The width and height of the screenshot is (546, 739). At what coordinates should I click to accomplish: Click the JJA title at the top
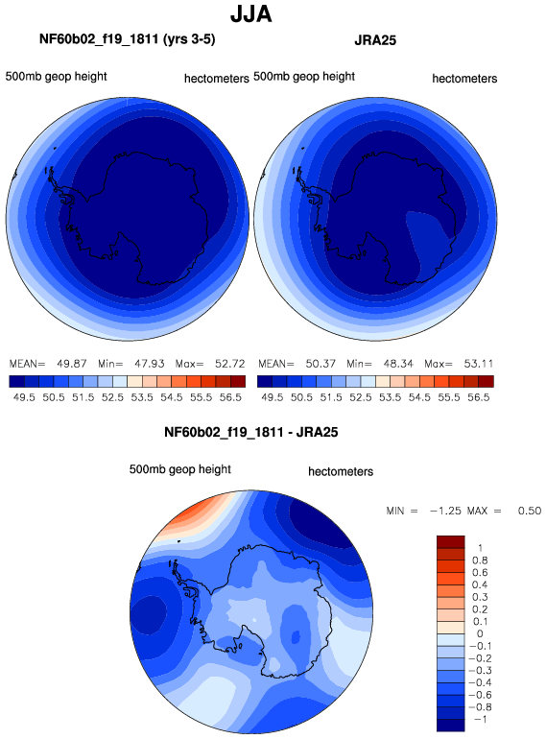(251, 13)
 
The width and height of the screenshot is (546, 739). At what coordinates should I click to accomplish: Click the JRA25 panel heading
(375, 40)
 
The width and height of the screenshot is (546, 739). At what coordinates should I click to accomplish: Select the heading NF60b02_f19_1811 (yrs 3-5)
(128, 38)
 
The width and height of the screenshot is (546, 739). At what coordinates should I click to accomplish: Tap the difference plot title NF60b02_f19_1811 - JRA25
(251, 432)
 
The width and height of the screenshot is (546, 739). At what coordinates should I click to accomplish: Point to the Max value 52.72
(230, 364)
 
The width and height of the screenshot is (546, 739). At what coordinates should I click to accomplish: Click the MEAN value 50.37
(320, 364)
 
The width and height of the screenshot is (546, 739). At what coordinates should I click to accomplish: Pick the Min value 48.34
(398, 364)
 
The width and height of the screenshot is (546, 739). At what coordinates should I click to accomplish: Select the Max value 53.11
(479, 364)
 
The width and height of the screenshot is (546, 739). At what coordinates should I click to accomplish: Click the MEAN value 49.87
(72, 364)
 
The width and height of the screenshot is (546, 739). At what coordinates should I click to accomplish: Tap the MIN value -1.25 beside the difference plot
(445, 511)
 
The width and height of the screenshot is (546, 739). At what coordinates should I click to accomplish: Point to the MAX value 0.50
(530, 511)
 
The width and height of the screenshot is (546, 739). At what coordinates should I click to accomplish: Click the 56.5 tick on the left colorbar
(230, 397)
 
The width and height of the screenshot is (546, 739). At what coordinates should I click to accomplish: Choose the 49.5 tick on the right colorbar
(273, 397)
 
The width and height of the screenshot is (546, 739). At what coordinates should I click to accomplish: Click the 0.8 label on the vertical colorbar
(480, 560)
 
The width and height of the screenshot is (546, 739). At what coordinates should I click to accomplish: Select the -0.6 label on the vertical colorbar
(481, 695)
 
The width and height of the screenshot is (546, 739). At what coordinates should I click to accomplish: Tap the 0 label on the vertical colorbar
(480, 633)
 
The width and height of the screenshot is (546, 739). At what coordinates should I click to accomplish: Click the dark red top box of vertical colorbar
(451, 542)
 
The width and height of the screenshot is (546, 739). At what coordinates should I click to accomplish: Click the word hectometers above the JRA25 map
(464, 79)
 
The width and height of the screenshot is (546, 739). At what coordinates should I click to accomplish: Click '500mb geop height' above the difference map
(180, 469)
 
